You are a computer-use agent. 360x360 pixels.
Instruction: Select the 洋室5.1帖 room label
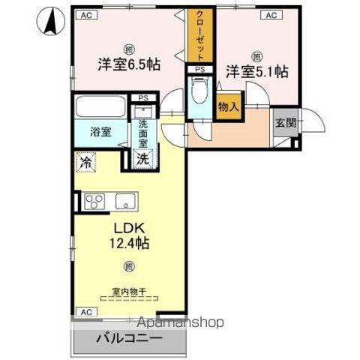click(x=257, y=71)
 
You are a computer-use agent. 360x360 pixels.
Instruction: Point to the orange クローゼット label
click(x=201, y=35)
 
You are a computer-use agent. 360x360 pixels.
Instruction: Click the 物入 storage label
click(x=228, y=106)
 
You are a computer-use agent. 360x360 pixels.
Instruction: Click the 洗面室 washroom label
click(x=142, y=133)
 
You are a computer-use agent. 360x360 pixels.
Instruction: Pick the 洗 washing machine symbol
click(x=142, y=158)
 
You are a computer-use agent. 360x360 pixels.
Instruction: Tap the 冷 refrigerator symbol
click(x=86, y=160)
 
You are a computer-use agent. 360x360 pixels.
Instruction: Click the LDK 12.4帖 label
click(x=128, y=235)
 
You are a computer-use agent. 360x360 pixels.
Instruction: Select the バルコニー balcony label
click(x=128, y=338)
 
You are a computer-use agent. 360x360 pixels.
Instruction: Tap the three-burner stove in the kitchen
click(x=94, y=201)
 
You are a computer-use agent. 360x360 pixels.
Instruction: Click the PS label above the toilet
click(x=199, y=70)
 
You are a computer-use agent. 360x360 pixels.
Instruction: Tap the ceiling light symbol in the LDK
click(x=128, y=265)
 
